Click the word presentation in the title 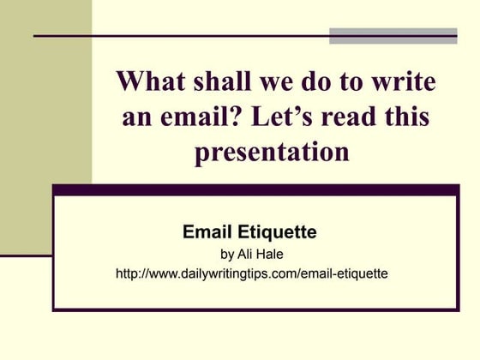click(x=273, y=153)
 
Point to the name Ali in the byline click(x=246, y=254)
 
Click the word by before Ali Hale click(x=227, y=254)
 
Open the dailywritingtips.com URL click(x=251, y=274)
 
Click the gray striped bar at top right click(x=393, y=35)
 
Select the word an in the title click(x=137, y=117)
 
